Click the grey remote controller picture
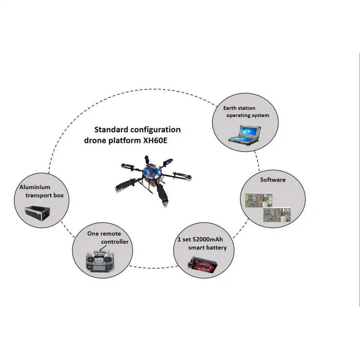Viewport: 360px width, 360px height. click(100, 261)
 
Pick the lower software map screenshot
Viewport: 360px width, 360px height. click(277, 215)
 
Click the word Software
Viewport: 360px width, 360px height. click(273, 180)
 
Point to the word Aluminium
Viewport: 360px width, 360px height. click(35, 187)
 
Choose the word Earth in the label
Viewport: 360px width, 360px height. click(230, 108)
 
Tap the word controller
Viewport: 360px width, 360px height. click(114, 242)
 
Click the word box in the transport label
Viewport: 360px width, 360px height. click(58, 195)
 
